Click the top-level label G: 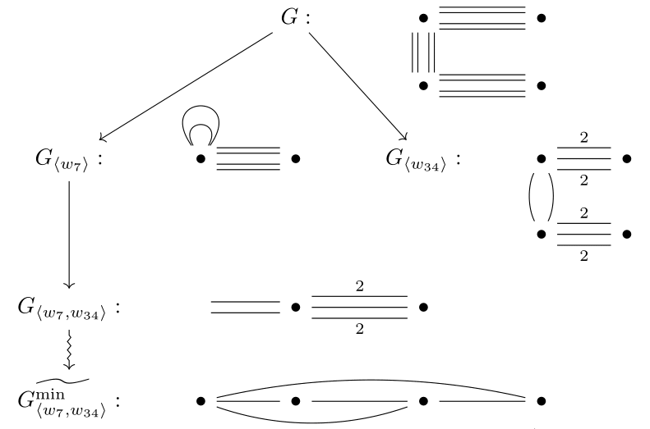(x=295, y=17)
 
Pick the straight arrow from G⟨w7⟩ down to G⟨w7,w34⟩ (x=68, y=234)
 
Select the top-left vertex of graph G (x=423, y=17)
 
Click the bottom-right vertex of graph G (x=541, y=85)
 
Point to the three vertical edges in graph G (x=423, y=52)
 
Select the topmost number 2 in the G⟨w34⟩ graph (x=583, y=138)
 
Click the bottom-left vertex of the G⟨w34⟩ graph (x=541, y=234)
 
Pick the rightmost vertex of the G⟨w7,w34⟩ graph (x=423, y=308)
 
